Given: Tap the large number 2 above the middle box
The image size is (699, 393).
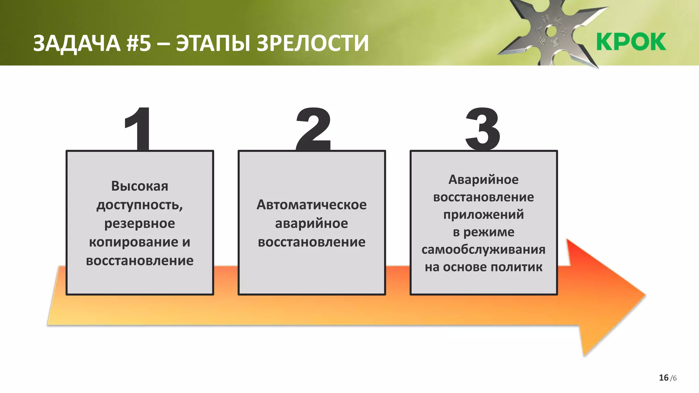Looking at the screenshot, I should pyautogui.click(x=313, y=129).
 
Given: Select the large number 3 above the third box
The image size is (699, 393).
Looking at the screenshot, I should pyautogui.click(x=483, y=129).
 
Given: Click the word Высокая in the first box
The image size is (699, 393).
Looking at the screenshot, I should pyautogui.click(x=140, y=186).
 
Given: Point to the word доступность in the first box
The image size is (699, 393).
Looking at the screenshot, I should pyautogui.click(x=138, y=205).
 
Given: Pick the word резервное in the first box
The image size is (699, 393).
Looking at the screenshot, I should pyautogui.click(x=140, y=224).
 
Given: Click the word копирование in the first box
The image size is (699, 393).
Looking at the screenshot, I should pyautogui.click(x=133, y=242).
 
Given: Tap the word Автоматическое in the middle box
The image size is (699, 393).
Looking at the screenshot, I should pyautogui.click(x=312, y=205).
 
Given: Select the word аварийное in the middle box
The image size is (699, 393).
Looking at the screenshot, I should pyautogui.click(x=312, y=224).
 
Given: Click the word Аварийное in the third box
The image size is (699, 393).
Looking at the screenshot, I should pyautogui.click(x=483, y=180).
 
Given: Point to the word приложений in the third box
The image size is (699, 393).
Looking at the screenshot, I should pyautogui.click(x=483, y=215).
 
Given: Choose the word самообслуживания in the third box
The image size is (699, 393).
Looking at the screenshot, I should pyautogui.click(x=483, y=250).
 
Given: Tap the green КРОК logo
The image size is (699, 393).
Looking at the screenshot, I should pyautogui.click(x=631, y=42).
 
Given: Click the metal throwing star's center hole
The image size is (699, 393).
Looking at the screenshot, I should pyautogui.click(x=551, y=32).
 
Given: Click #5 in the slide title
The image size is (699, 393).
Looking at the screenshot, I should pyautogui.click(x=139, y=43).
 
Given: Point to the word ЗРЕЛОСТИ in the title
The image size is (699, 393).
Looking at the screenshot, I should pyautogui.click(x=313, y=43).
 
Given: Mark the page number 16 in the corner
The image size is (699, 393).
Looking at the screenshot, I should pyautogui.click(x=664, y=378).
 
